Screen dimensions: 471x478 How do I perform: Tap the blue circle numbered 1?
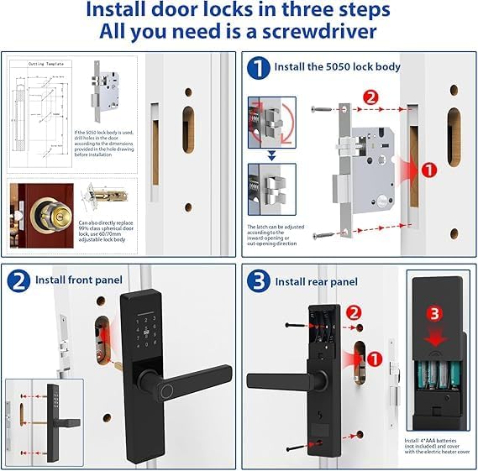260,67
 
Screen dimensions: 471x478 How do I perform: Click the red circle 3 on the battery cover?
434,313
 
